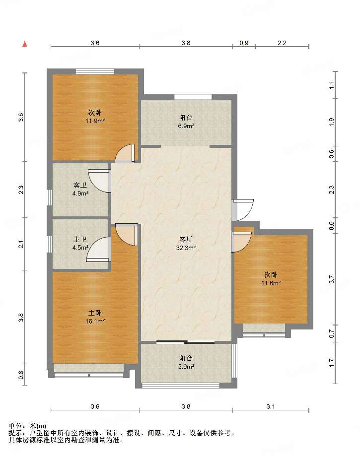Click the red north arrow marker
tap(25, 44)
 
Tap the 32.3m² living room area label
tap(186, 248)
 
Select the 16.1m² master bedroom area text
tap(95, 321)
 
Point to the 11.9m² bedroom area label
tap(95, 121)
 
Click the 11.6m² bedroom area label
tap(271, 283)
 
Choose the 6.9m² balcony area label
tap(186, 126)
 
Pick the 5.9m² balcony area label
tap(186, 366)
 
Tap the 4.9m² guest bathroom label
tap(80, 193)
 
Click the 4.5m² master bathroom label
tap(80, 248)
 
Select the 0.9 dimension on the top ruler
tap(244, 43)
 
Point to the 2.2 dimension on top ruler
tap(282, 43)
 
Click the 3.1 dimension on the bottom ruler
tap(271, 406)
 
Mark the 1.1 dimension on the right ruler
tap(331, 85)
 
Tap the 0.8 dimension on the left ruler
tap(21, 375)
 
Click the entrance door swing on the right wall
tap(243, 210)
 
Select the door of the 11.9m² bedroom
tap(125, 153)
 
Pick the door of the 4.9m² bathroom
tap(99, 181)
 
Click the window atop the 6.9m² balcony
tap(193, 97)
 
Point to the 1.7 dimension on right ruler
tap(331, 363)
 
